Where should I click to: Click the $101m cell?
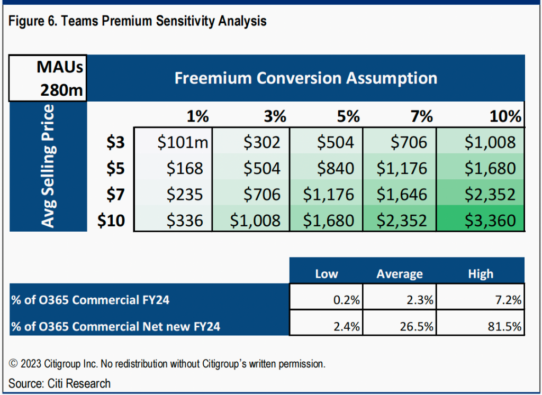pyautogui.click(x=180, y=142)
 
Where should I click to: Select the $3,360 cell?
pyautogui.click(x=490, y=220)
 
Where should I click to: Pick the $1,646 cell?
pyautogui.click(x=402, y=194)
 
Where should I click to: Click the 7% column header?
pyautogui.click(x=421, y=116)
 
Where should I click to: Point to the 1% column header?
pyautogui.click(x=198, y=116)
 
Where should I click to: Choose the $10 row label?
pyautogui.click(x=111, y=220)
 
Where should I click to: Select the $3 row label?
pyautogui.click(x=115, y=142)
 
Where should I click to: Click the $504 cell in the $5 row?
pyautogui.click(x=261, y=168)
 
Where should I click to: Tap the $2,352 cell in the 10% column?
pyautogui.click(x=490, y=194)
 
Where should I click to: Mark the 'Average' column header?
pyautogui.click(x=400, y=274)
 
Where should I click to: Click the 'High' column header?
pyautogui.click(x=481, y=274)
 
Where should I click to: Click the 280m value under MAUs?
pyautogui.click(x=62, y=90)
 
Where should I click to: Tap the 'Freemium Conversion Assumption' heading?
pyautogui.click(x=306, y=78)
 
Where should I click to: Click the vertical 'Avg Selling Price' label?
pyautogui.click(x=48, y=167)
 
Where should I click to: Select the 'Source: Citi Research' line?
pyautogui.click(x=60, y=383)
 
